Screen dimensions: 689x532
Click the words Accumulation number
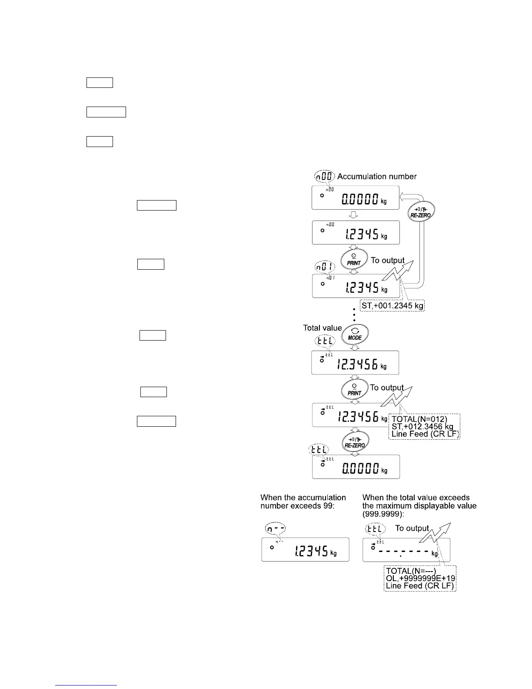pyautogui.click(x=377, y=177)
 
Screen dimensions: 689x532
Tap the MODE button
pyautogui.click(x=355, y=334)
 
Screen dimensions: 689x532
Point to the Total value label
pyautogui.click(x=323, y=328)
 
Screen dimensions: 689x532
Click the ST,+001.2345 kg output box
pyautogui.click(x=392, y=306)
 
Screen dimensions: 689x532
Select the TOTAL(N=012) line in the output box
pyautogui.click(x=419, y=419)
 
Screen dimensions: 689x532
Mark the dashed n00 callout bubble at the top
pyautogui.click(x=324, y=176)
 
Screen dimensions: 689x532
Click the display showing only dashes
pyautogui.click(x=406, y=550)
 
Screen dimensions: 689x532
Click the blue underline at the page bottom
pyautogui.click(x=86, y=685)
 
